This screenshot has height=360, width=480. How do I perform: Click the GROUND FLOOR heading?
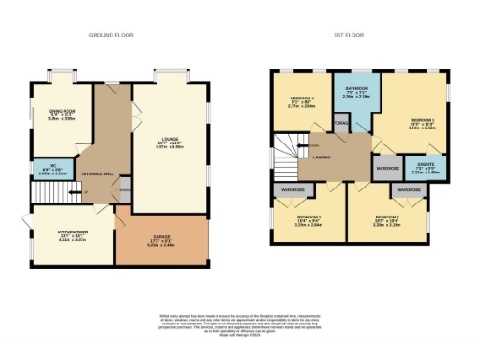(112, 34)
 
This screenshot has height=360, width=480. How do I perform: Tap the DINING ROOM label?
(62, 115)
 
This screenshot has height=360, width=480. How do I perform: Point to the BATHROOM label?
(355, 92)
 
